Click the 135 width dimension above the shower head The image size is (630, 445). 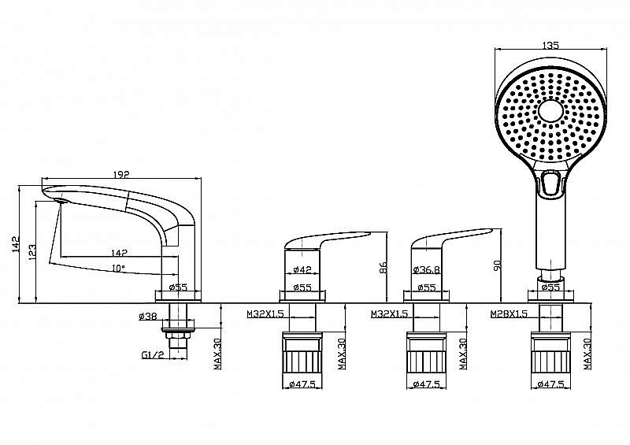(x=550, y=45)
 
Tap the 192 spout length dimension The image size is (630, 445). (x=121, y=175)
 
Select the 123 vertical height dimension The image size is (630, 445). (x=32, y=253)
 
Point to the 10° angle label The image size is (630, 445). (x=118, y=268)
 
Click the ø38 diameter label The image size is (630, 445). (x=148, y=317)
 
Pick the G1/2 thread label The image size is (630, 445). (x=153, y=355)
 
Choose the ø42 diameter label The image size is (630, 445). (x=302, y=269)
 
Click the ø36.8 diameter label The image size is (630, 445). (x=426, y=269)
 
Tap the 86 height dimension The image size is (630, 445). (x=383, y=268)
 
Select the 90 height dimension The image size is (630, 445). (x=498, y=265)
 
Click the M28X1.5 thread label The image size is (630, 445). (x=509, y=314)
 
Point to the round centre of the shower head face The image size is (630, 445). (x=550, y=111)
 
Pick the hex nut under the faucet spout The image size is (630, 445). (x=178, y=335)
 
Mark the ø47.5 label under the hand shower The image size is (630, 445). (x=550, y=384)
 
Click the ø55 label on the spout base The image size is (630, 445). (x=178, y=287)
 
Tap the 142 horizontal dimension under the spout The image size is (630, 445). (x=120, y=253)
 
